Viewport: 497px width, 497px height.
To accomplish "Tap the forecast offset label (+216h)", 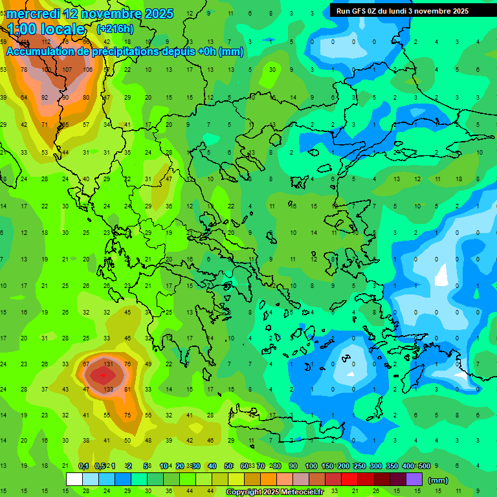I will coord(115,29).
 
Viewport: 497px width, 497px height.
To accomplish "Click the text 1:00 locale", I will coord(46,29).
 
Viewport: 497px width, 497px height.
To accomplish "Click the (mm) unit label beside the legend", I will coord(438,480).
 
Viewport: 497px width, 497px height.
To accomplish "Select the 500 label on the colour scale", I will coord(424,466).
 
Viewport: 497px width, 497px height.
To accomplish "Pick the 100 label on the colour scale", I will coord(311,466).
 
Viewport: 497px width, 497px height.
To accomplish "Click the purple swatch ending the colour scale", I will coord(414,480).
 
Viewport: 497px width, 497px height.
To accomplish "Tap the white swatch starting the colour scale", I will coord(74,480).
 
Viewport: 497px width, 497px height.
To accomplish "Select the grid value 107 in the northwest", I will coord(67,70).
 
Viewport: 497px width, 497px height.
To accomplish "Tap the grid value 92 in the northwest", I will coord(45,98).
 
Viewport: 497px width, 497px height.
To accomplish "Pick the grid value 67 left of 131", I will coord(86,364).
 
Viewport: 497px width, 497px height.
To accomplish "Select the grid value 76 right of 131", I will coord(127,364).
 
